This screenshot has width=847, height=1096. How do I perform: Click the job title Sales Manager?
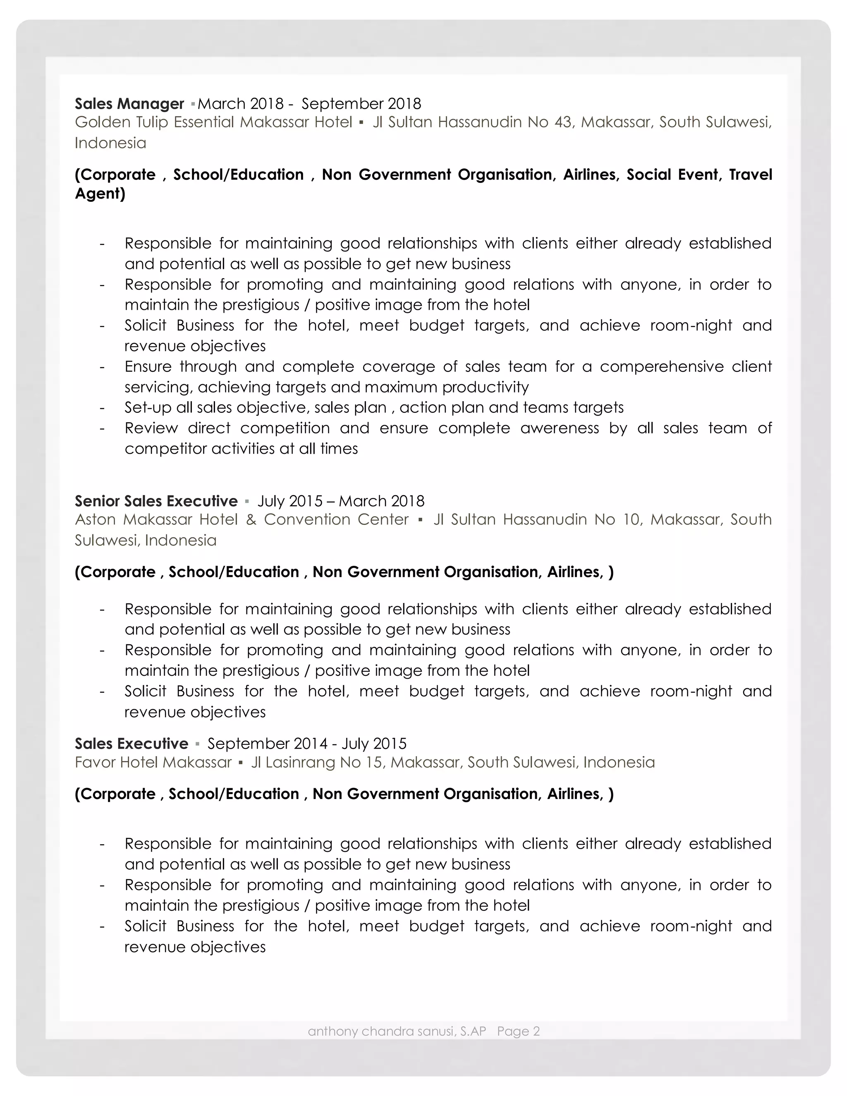click(129, 104)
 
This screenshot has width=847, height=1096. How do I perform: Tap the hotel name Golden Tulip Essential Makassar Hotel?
click(213, 122)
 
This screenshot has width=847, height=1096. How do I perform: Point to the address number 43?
click(563, 122)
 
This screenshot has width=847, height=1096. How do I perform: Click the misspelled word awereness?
click(560, 428)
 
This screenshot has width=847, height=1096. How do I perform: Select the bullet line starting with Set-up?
click(374, 407)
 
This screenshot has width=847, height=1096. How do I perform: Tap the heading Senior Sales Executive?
click(156, 501)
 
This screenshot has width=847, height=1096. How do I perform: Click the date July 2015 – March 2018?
click(341, 501)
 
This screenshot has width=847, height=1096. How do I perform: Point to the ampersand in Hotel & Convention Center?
click(251, 519)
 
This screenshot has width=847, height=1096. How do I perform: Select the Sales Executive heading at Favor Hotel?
click(132, 744)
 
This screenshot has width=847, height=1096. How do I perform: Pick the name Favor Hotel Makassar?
click(153, 763)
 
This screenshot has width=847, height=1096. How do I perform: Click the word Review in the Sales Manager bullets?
click(151, 428)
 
